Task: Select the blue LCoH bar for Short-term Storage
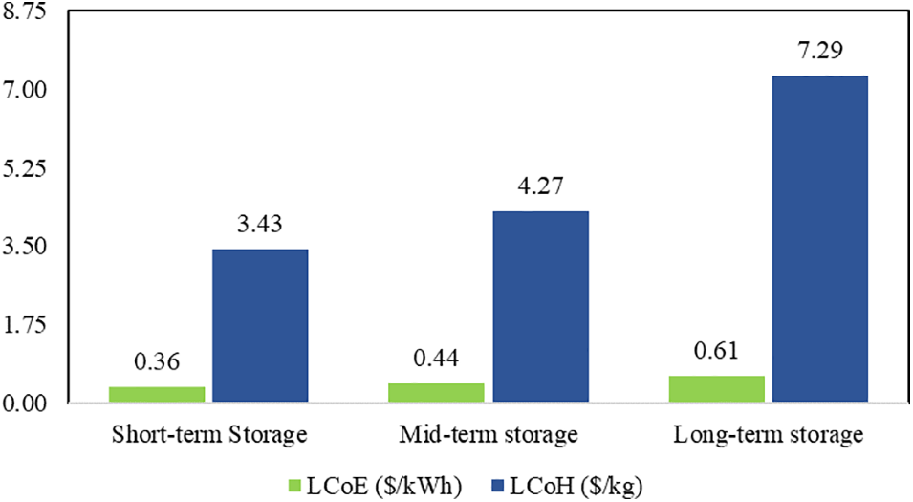pos(260,326)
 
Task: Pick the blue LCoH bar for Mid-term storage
pos(540,307)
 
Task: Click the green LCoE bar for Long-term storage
pos(724,389)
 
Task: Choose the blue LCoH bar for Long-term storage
pos(820,239)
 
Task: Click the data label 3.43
pos(260,225)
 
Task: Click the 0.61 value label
pos(717,351)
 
